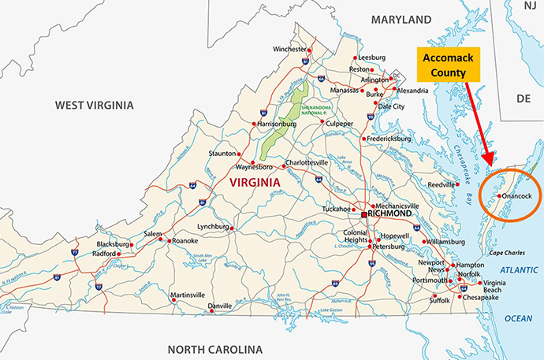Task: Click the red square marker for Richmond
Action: point(363,214)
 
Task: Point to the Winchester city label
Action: point(288,50)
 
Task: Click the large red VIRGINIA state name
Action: point(255,182)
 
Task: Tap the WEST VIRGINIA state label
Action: point(95,105)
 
